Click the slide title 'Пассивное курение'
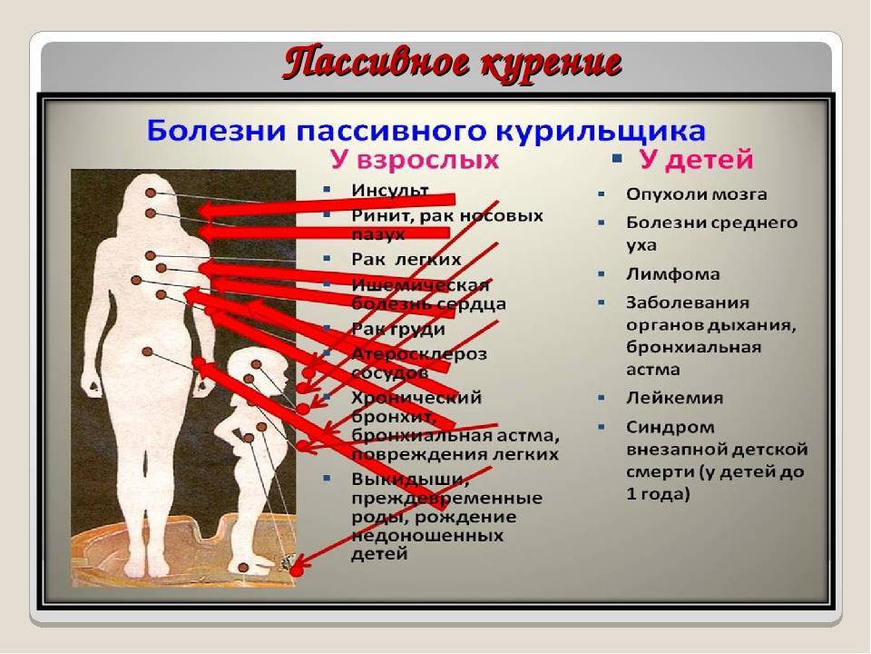click(452, 64)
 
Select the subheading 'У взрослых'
click(414, 162)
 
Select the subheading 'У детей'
click(695, 162)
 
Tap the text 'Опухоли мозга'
click(696, 193)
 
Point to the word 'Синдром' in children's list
click(670, 426)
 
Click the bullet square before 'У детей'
click(617, 160)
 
